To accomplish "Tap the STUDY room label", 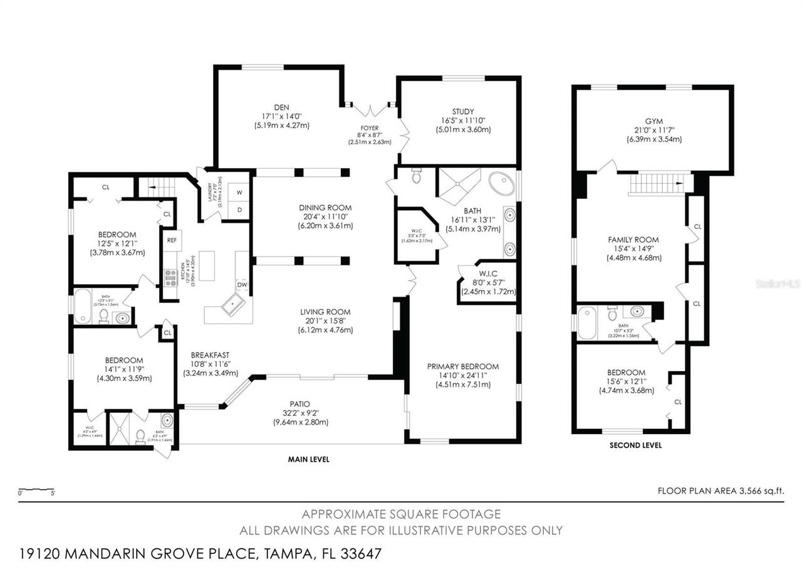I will click(x=463, y=112).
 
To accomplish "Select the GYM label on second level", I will click(x=654, y=121).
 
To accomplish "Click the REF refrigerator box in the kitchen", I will click(x=170, y=239).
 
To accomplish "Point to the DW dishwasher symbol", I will click(x=242, y=285).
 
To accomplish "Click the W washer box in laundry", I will click(x=239, y=193).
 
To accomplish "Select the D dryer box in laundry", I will click(x=239, y=209).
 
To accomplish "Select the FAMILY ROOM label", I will click(x=633, y=240).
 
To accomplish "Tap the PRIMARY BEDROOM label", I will click(x=462, y=366).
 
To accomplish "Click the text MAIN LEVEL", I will click(x=308, y=459).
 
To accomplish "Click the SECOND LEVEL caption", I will click(x=635, y=445).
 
